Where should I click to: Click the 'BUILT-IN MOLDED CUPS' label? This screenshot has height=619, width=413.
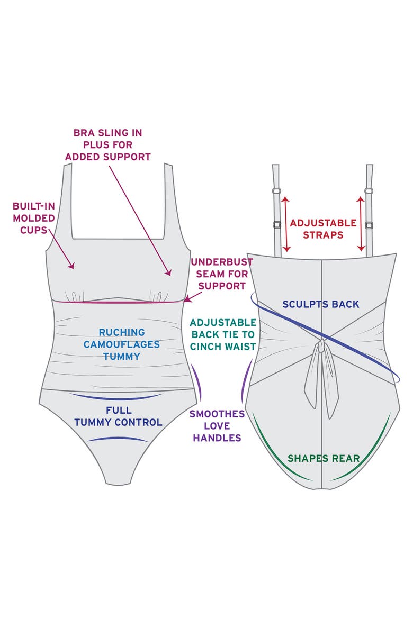(33, 218)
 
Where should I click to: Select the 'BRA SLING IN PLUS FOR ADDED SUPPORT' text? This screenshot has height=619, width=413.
(108, 145)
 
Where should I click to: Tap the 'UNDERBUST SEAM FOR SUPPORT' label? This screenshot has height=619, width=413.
(222, 274)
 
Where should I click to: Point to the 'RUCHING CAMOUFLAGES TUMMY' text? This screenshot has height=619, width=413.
(122, 344)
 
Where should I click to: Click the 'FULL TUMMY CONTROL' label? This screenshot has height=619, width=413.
(118, 416)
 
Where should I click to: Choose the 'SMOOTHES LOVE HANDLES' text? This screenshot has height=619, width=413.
(217, 426)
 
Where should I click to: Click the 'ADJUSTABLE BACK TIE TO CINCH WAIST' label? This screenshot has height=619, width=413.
(223, 335)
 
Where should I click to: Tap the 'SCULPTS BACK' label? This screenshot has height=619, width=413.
(321, 304)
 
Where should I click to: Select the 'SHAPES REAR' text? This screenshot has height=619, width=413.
(324, 458)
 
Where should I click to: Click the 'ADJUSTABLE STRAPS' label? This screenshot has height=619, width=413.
(324, 229)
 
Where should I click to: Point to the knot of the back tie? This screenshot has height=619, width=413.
(322, 346)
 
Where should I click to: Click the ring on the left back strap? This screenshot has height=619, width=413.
(276, 191)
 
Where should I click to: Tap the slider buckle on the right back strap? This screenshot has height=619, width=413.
(369, 225)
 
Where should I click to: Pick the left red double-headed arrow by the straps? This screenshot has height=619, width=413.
(286, 224)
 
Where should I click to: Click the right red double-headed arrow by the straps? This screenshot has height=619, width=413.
(361, 223)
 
